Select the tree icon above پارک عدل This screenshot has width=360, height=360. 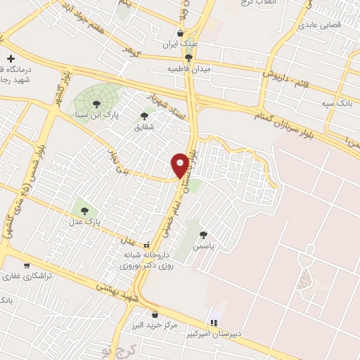coord(84,210)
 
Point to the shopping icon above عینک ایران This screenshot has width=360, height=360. coord(181,33)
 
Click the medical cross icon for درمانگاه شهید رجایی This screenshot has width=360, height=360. coord(11,59)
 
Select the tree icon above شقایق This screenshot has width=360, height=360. coord(145,116)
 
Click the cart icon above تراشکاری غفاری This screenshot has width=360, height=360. coord(27,266)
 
